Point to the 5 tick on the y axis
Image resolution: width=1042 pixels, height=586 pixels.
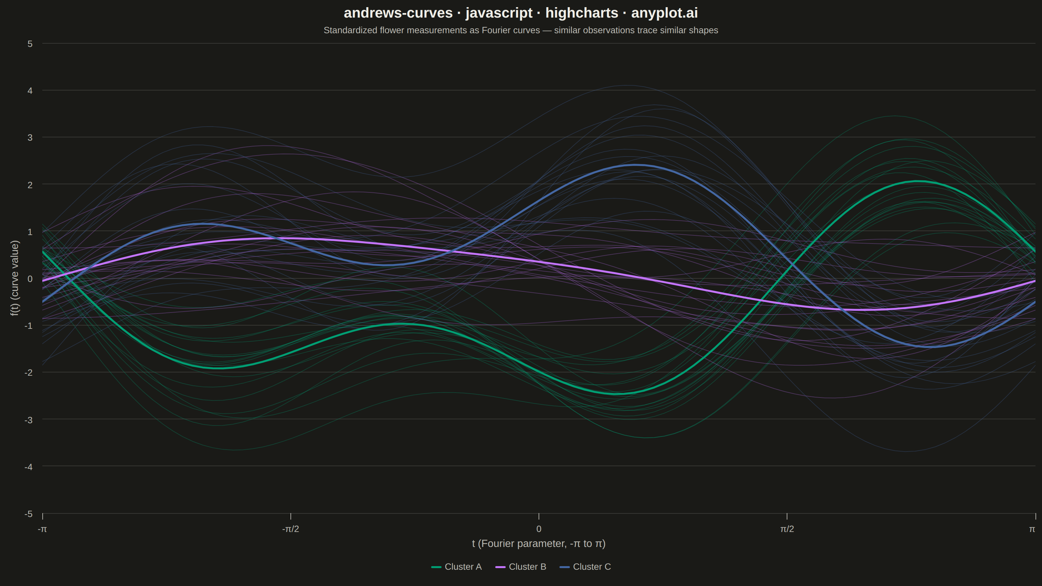30,44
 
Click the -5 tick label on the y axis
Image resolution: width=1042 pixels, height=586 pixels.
28,514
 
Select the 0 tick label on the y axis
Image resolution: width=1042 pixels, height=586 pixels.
30,279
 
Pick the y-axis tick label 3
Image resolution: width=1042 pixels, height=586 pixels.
30,137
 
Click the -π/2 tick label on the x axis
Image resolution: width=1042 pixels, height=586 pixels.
290,529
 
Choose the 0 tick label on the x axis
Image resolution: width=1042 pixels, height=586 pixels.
539,529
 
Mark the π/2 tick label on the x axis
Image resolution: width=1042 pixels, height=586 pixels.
787,529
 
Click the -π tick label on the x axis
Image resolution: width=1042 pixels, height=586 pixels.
42,529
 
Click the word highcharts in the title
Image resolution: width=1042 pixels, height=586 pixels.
582,13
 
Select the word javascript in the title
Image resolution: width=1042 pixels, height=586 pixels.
499,13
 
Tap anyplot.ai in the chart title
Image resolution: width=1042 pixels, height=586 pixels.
665,13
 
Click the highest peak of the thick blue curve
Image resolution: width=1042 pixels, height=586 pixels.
634,165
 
